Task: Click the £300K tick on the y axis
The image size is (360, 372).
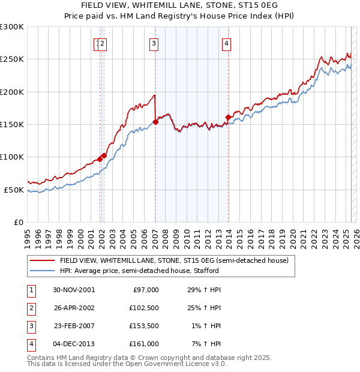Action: pos(11,27)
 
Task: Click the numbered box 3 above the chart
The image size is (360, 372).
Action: pos(154,43)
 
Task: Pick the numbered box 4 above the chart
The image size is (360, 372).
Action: pos(227,43)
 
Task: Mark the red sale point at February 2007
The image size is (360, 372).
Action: pos(155,122)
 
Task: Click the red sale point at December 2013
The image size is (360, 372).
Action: pos(228,117)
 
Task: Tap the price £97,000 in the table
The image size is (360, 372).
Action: pos(146,289)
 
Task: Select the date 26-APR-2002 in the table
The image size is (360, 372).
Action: pos(74,308)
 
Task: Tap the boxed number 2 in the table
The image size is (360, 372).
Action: pos(31,308)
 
